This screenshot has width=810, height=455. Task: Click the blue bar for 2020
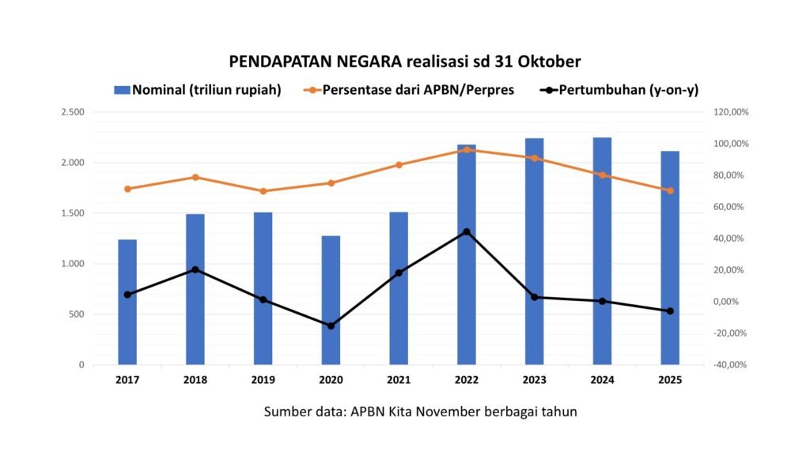pyautogui.click(x=331, y=300)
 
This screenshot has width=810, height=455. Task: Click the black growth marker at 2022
pyautogui.click(x=467, y=231)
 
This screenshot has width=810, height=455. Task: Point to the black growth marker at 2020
pyautogui.click(x=331, y=325)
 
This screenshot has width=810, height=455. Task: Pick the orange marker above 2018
pyautogui.click(x=195, y=177)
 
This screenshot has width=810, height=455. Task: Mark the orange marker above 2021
pyautogui.click(x=399, y=165)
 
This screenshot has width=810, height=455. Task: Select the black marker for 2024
pyautogui.click(x=602, y=301)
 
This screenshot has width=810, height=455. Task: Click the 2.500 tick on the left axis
pyautogui.click(x=73, y=112)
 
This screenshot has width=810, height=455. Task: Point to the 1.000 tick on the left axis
pyautogui.click(x=73, y=264)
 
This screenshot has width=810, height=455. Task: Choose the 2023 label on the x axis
pyautogui.click(x=534, y=380)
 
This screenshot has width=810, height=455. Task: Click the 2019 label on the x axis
pyautogui.click(x=263, y=380)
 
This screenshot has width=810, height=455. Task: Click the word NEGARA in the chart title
pyautogui.click(x=364, y=62)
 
